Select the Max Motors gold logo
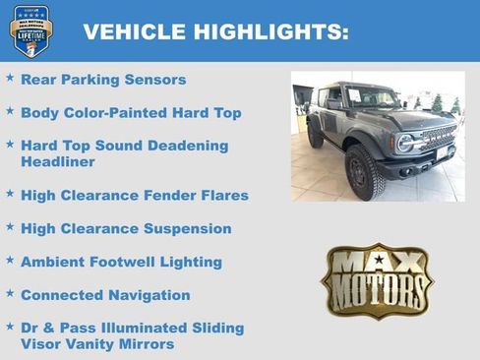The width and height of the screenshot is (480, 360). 377,280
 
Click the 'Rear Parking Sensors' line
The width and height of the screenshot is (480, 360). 102,80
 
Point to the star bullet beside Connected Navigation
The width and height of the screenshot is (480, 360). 10,293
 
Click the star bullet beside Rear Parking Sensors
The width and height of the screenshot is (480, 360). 10,78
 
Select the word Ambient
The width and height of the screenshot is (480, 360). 52,262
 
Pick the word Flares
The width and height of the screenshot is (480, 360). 222,196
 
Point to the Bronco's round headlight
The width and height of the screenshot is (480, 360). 405,144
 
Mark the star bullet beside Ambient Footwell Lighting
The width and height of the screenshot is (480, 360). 10,261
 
